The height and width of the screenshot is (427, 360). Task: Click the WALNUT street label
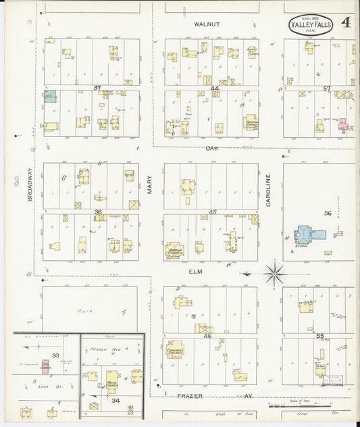click(207, 24)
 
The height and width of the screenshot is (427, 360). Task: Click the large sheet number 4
click(345, 23)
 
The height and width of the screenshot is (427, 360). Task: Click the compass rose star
click(274, 274)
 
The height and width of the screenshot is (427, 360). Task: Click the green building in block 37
click(50, 97)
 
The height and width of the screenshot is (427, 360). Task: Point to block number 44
click(215, 89)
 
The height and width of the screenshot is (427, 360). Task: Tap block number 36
click(98, 211)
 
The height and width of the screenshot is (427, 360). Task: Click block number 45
click(213, 211)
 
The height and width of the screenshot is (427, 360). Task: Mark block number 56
click(328, 213)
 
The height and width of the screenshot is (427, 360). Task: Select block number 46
click(207, 335)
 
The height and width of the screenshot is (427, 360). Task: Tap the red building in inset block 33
click(46, 366)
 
